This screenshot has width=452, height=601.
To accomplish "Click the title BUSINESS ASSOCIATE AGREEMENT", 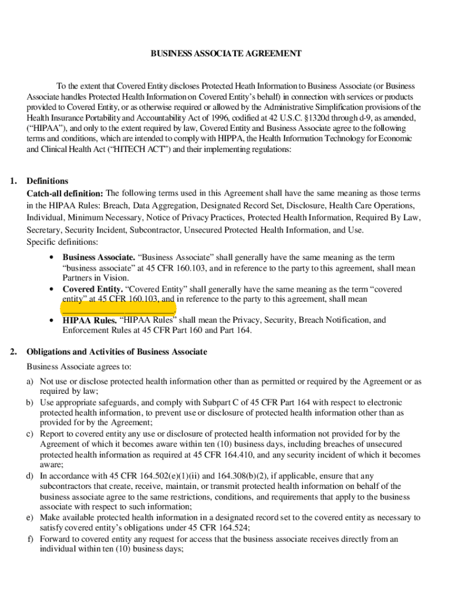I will (x=226, y=53).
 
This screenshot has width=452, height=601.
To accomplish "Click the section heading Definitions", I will (x=48, y=181).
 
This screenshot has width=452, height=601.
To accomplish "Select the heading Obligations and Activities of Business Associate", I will (x=117, y=352).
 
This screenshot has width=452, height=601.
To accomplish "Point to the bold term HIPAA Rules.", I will (x=90, y=320).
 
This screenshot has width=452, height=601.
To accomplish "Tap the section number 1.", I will (x=13, y=181).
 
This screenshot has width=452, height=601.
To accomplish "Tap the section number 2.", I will (x=13, y=352).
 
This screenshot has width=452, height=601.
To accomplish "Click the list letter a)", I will (x=29, y=381).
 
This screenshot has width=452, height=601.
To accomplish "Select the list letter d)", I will (x=29, y=476).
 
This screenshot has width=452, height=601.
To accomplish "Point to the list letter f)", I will (x=29, y=539).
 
